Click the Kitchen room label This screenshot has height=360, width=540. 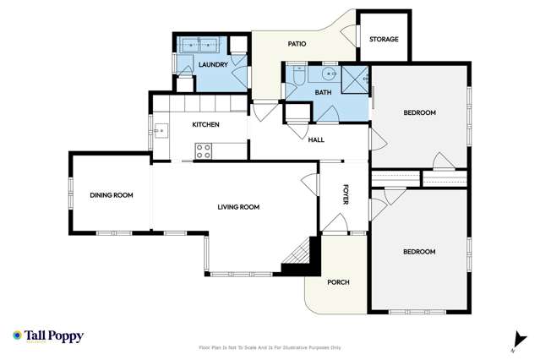point(205,125)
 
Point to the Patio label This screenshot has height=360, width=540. point(296,44)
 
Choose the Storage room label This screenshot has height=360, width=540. point(384,40)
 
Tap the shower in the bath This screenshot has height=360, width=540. point(354,80)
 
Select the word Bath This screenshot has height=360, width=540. point(323,92)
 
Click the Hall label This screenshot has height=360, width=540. point(316,140)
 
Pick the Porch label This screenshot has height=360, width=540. point(338,282)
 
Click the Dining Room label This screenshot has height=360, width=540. point(112,196)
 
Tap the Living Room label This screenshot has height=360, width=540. point(238,207)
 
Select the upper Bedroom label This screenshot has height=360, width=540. point(419,113)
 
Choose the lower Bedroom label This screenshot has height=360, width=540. point(418,252)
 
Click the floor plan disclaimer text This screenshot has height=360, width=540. point(270,346)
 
